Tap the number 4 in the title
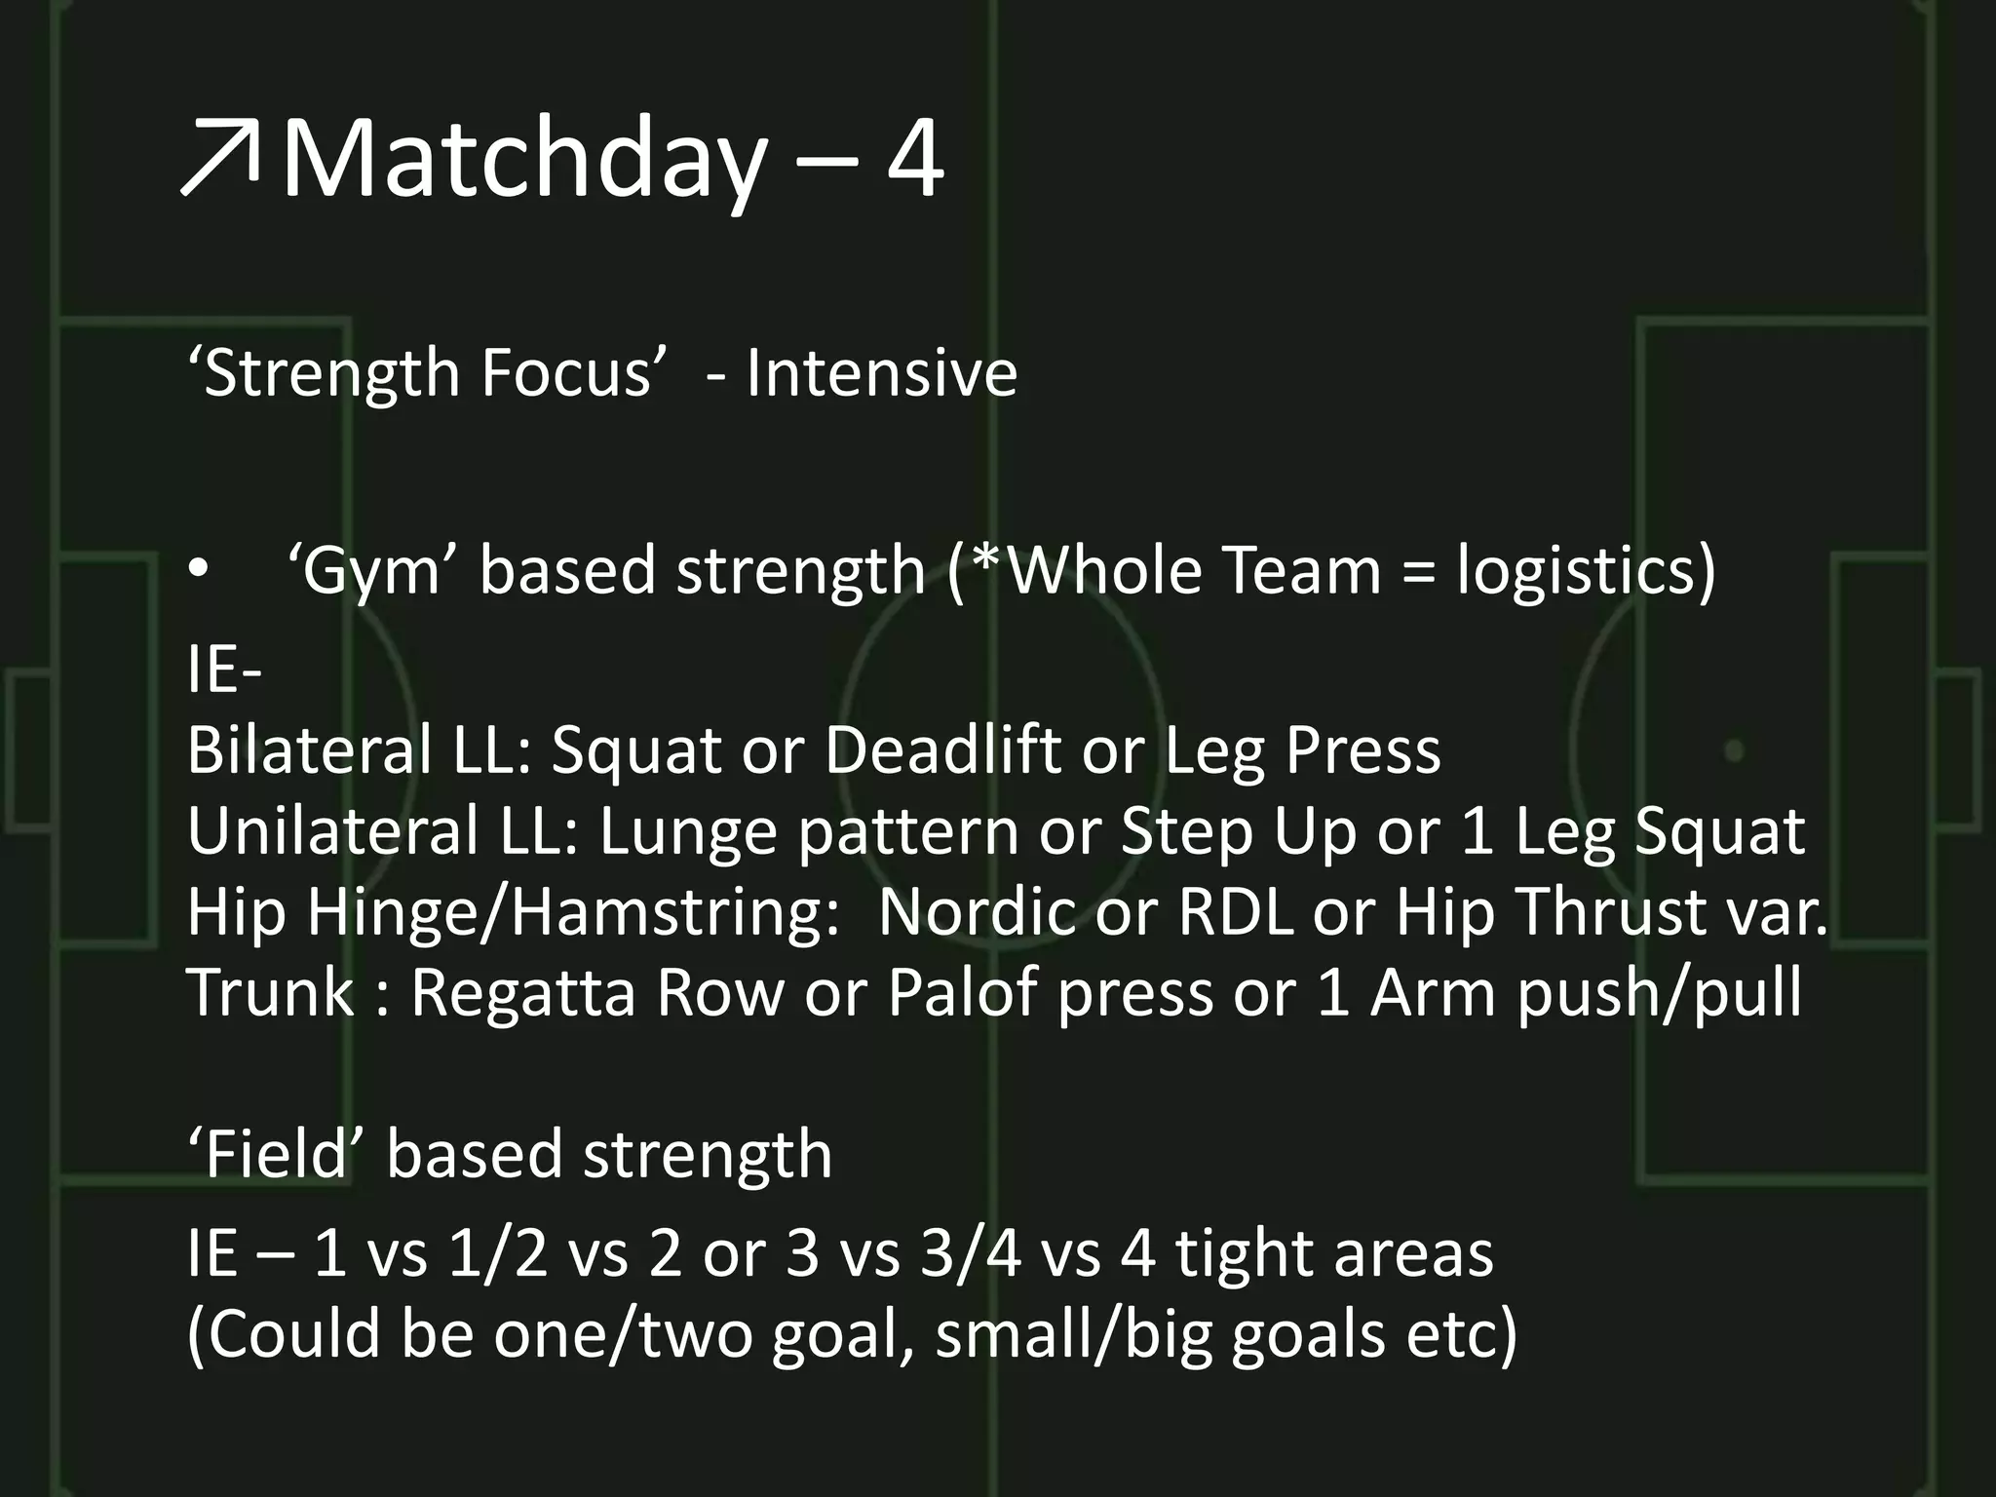pos(914,159)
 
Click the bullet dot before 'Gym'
pos(199,572)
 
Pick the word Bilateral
pos(309,750)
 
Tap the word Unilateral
pos(332,831)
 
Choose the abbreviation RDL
pos(1236,912)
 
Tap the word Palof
pos(962,993)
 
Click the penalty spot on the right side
pos(1734,750)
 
